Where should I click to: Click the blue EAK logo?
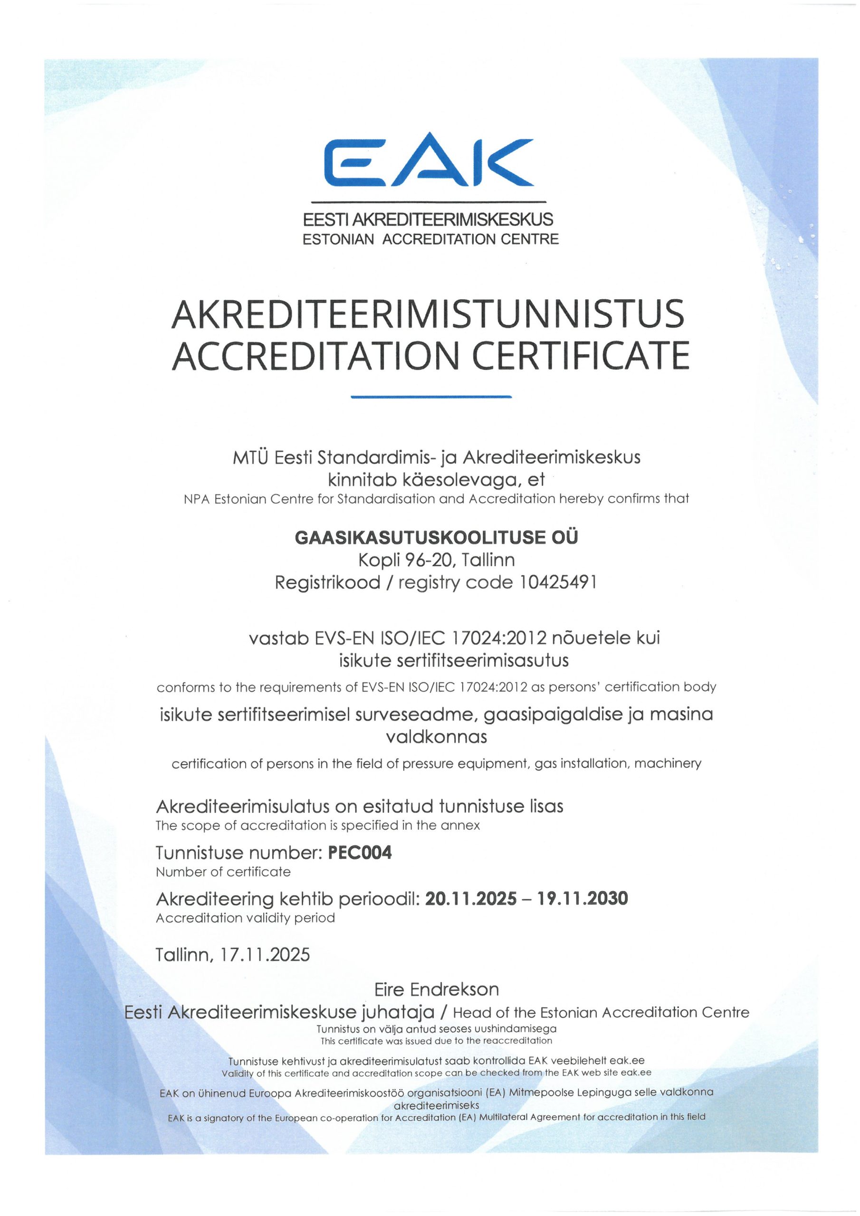(x=428, y=161)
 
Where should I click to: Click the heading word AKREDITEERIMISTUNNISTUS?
(x=428, y=314)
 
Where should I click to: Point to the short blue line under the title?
(x=431, y=396)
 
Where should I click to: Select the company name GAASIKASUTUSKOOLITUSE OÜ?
(x=436, y=538)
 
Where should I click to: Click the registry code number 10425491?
(x=558, y=582)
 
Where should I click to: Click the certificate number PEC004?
(x=360, y=852)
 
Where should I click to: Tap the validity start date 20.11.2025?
(x=470, y=899)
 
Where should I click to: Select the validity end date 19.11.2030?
(x=583, y=899)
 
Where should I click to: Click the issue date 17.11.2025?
(x=265, y=954)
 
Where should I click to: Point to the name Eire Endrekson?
(x=437, y=989)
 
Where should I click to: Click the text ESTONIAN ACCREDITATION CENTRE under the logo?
(x=430, y=239)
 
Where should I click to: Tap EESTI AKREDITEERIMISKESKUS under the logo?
(x=428, y=219)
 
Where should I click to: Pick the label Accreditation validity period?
(x=245, y=918)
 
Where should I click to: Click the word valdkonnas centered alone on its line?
(x=436, y=737)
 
